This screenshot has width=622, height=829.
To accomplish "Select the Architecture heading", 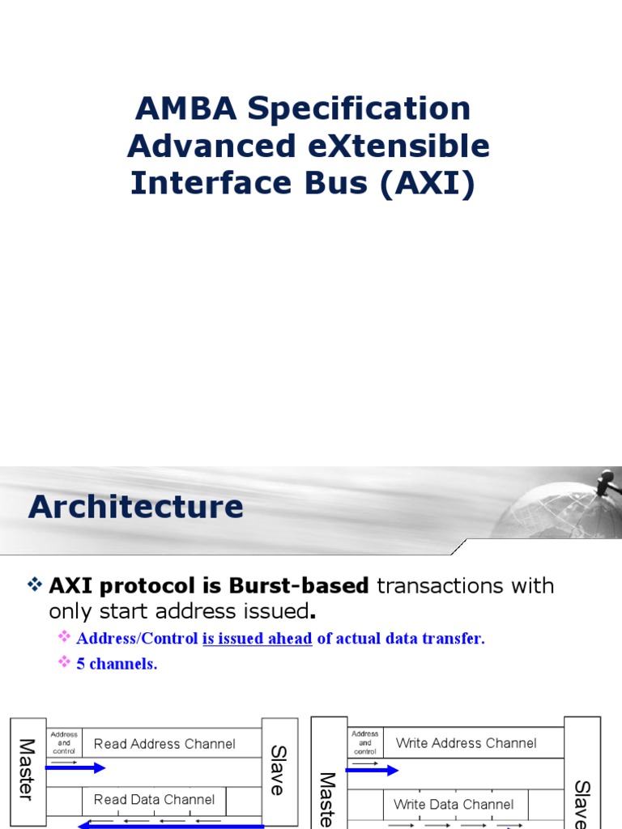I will [x=135, y=508].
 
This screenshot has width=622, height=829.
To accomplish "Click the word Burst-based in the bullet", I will [x=299, y=585].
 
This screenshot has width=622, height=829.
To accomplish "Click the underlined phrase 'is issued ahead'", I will [x=258, y=639].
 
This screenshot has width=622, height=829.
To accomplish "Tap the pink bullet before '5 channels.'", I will [x=65, y=663].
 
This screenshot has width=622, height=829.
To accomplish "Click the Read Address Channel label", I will [x=164, y=744].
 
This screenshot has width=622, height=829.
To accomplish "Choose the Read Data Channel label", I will [x=154, y=800].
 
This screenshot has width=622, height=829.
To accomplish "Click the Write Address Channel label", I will [x=466, y=743].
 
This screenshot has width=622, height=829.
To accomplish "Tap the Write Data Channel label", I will [x=454, y=805].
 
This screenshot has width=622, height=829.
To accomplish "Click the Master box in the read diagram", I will [x=27, y=769].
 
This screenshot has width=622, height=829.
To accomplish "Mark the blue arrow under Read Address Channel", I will [x=76, y=767].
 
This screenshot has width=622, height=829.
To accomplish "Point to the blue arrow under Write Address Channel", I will [x=373, y=770].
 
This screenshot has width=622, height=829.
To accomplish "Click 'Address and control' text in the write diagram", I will [x=365, y=742].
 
